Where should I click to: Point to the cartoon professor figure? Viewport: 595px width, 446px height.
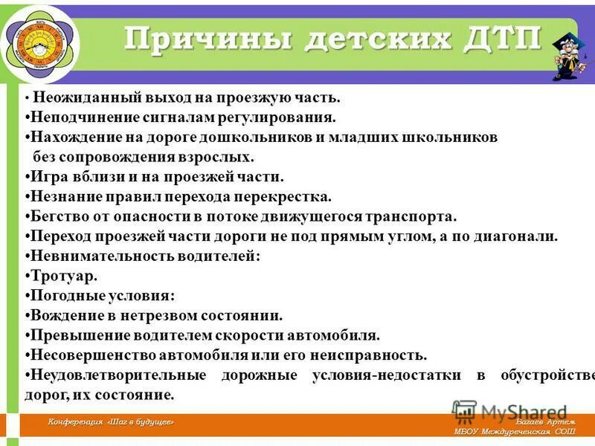pos(569,52)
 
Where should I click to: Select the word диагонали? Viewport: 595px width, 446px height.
pos(518,236)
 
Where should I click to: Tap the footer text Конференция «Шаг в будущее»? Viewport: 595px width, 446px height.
pos(111,422)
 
